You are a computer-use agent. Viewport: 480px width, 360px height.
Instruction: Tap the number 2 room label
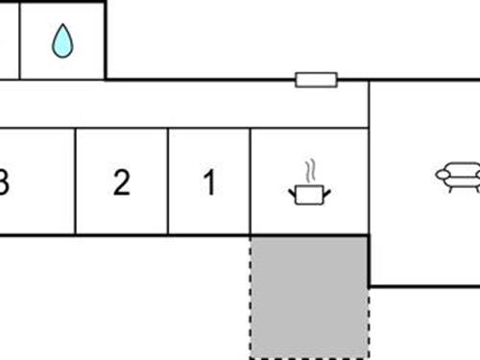pyautogui.click(x=121, y=182)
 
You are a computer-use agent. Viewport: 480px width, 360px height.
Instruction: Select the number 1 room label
pyautogui.click(x=209, y=182)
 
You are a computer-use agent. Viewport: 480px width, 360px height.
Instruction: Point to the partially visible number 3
pyautogui.click(x=4, y=182)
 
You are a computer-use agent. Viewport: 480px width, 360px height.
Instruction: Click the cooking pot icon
pyautogui.click(x=309, y=195)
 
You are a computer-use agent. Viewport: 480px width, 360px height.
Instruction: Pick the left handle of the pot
pyautogui.click(x=292, y=193)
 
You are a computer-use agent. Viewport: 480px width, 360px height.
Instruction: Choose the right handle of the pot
pyautogui.click(x=326, y=193)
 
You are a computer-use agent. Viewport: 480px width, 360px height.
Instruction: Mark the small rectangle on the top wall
pyautogui.click(x=316, y=80)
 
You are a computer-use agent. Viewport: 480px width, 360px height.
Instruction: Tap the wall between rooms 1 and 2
pyautogui.click(x=168, y=182)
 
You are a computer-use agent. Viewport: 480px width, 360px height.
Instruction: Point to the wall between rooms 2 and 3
pyautogui.click(x=75, y=182)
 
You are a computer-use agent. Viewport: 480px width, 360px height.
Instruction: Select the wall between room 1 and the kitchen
pyautogui.click(x=251, y=182)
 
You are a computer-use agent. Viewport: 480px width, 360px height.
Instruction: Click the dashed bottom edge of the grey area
pyautogui.click(x=309, y=357)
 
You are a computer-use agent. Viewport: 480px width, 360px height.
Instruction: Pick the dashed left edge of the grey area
pyautogui.click(x=252, y=298)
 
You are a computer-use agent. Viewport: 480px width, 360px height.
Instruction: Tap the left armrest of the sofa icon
pyautogui.click(x=441, y=175)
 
